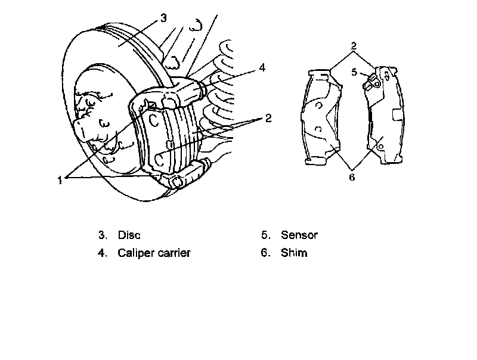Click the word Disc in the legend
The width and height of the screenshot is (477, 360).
tap(129, 235)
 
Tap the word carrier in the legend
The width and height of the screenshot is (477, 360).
tap(173, 253)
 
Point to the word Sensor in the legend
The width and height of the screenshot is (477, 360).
tap(299, 235)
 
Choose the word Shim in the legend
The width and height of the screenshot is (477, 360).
tap(294, 253)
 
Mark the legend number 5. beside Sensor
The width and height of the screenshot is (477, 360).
tap(265, 235)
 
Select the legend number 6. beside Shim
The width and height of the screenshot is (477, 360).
tap(265, 253)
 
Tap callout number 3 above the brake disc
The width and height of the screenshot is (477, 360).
tap(163, 18)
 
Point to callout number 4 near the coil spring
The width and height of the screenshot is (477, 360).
tap(261, 68)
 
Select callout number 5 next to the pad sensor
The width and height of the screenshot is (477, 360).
tap(354, 72)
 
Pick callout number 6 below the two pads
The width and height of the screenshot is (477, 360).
tap(352, 177)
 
